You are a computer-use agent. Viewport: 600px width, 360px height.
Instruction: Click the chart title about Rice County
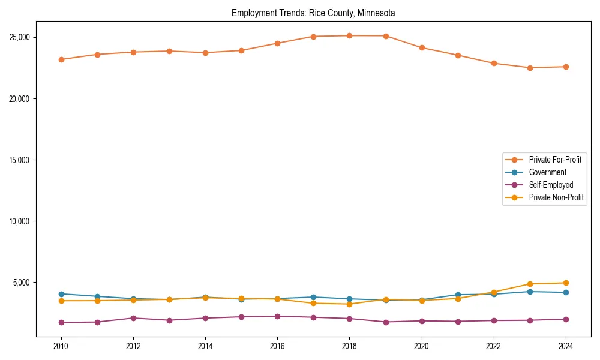pyautogui.click(x=313, y=13)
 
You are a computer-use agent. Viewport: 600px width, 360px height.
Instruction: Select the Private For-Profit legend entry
pyautogui.click(x=554, y=160)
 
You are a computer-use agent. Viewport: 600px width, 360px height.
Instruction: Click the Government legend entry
pyautogui.click(x=547, y=172)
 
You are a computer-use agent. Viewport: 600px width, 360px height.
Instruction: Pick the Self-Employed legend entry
pyautogui.click(x=551, y=185)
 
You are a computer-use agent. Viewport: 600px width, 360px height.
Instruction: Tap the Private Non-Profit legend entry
pyautogui.click(x=556, y=197)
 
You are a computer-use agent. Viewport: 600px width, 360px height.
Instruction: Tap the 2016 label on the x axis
pyautogui.click(x=277, y=346)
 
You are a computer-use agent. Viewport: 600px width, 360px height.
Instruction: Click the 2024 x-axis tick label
pyautogui.click(x=566, y=346)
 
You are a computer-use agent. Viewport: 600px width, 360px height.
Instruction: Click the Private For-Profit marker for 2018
pyautogui.click(x=349, y=35)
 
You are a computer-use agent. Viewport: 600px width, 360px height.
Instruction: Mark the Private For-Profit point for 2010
pyautogui.click(x=61, y=59)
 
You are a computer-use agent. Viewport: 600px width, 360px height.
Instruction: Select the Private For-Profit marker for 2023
pyautogui.click(x=530, y=68)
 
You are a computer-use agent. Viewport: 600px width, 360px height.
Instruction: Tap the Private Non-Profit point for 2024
pyautogui.click(x=566, y=283)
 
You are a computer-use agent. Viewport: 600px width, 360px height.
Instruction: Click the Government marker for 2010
pyautogui.click(x=61, y=294)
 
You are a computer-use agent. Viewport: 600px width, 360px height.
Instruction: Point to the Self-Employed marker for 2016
pyautogui.click(x=277, y=316)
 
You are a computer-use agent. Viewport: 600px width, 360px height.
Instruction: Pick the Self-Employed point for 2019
pyautogui.click(x=386, y=322)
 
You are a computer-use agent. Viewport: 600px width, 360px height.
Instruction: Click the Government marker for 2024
pyautogui.click(x=566, y=292)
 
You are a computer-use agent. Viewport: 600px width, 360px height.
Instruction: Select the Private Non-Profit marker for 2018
pyautogui.click(x=349, y=304)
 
